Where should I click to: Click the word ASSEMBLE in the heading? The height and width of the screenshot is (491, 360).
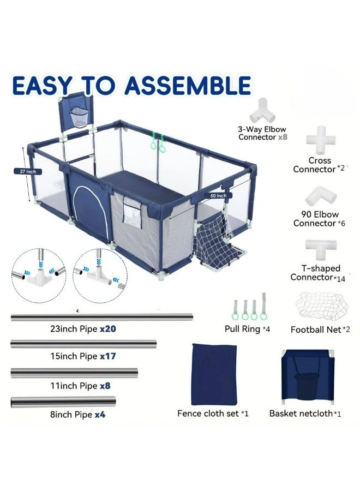[x=189, y=86]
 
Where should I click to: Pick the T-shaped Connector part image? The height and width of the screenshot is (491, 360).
[x=320, y=250]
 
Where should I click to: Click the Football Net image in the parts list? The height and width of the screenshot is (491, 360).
[x=320, y=307]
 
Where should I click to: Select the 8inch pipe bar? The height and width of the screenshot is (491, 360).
[x=63, y=402]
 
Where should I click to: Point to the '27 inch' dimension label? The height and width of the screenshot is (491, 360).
[x=28, y=171]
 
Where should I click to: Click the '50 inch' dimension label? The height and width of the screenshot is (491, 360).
[x=219, y=195]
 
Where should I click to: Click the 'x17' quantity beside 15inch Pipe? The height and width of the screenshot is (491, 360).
[x=107, y=356]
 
